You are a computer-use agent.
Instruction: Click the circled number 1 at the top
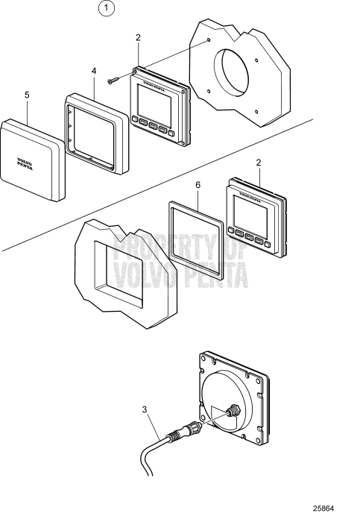pos(109,10)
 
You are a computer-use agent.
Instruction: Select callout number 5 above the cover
pos(27,95)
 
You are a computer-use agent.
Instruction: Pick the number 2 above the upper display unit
pos(138,37)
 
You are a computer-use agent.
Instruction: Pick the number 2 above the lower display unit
pos(258,162)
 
